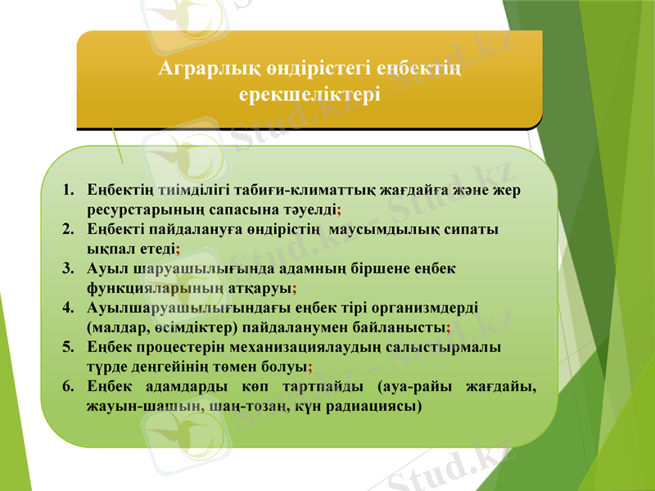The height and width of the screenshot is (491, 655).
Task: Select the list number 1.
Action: coord(66,191)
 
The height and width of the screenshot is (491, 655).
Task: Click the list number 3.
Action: coord(66,268)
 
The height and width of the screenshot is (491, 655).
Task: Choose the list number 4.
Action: coord(66,308)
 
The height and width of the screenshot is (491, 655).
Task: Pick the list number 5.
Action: coord(66,346)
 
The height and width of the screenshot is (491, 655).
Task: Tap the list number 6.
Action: coord(66,385)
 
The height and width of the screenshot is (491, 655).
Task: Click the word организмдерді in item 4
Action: coord(427,308)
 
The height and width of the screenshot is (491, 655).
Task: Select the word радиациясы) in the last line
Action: coord(380,405)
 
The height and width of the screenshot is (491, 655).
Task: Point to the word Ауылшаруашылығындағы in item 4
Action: coord(174,308)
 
